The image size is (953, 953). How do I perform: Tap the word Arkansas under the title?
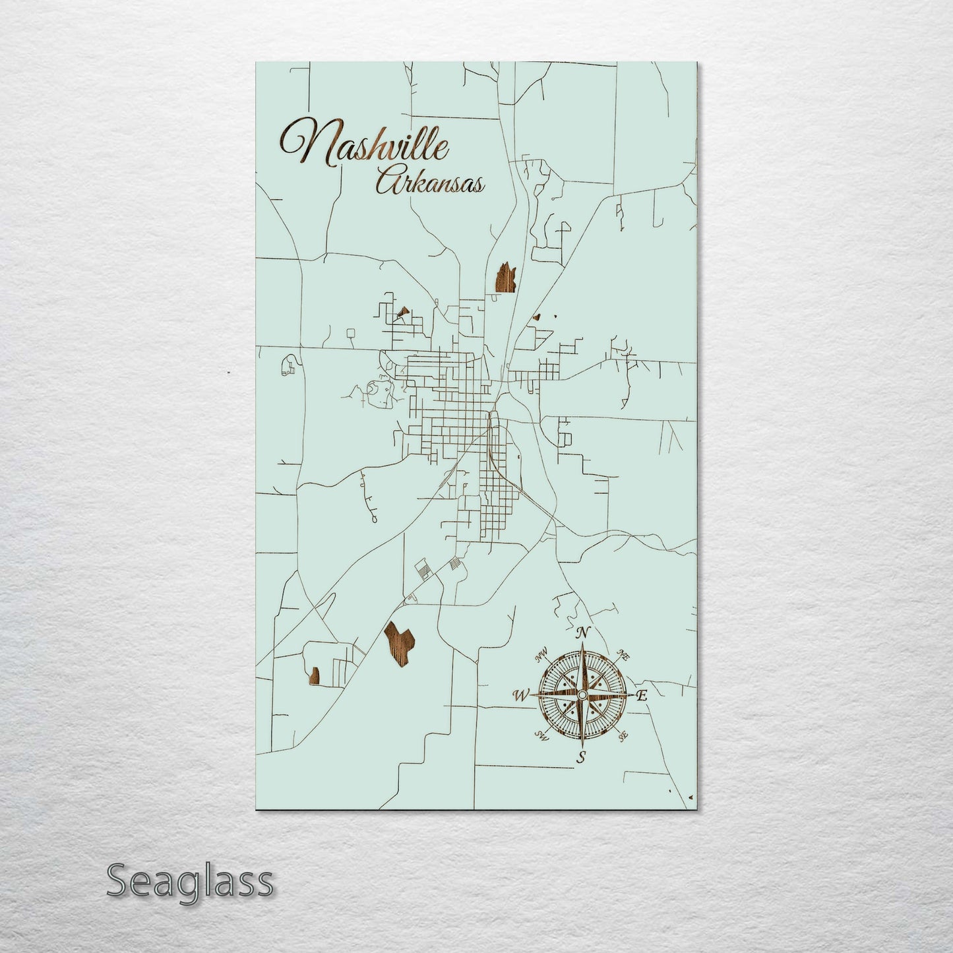click(429, 183)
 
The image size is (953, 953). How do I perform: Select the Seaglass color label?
click(189, 881)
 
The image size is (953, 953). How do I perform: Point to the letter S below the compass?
click(581, 756)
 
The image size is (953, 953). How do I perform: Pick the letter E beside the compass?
click(642, 695)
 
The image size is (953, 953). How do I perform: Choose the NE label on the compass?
click(621, 656)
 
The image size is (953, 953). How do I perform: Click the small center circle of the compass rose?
click(582, 696)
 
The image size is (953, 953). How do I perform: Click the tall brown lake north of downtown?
click(504, 277)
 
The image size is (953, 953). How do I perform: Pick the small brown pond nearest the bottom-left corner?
click(314, 675)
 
